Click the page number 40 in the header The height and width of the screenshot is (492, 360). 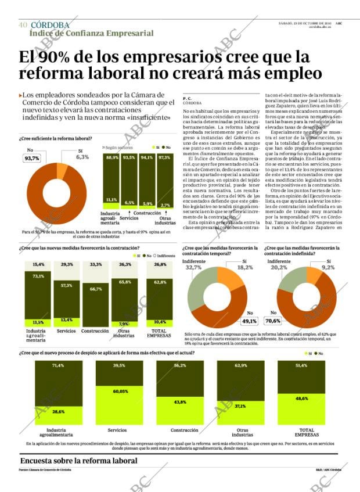pyautogui.click(x=23, y=25)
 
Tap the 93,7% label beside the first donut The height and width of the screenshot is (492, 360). pyautogui.click(x=32, y=158)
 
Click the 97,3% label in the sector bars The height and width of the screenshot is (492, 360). pyautogui.click(x=164, y=157)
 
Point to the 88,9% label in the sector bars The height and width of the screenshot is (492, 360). pyautogui.click(x=112, y=157)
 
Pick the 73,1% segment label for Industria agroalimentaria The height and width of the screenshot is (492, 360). pyautogui.click(x=38, y=276)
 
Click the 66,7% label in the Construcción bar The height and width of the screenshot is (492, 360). pyautogui.click(x=95, y=289)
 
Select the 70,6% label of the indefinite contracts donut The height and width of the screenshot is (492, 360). pyautogui.click(x=272, y=321)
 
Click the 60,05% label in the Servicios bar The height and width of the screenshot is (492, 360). pyautogui.click(x=120, y=392)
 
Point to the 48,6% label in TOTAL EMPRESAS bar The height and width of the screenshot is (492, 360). pyautogui.click(x=302, y=398)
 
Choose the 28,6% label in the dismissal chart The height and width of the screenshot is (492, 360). pyautogui.click(x=58, y=411)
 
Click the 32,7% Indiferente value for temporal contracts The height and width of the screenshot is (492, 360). pyautogui.click(x=193, y=267)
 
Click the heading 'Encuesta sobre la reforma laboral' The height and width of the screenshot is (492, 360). pyautogui.click(x=79, y=461)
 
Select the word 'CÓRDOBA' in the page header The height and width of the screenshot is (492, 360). pyautogui.click(x=50, y=25)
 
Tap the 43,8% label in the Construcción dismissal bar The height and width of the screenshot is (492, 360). pyautogui.click(x=179, y=402)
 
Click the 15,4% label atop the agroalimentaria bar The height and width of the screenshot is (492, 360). pyautogui.click(x=38, y=264)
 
